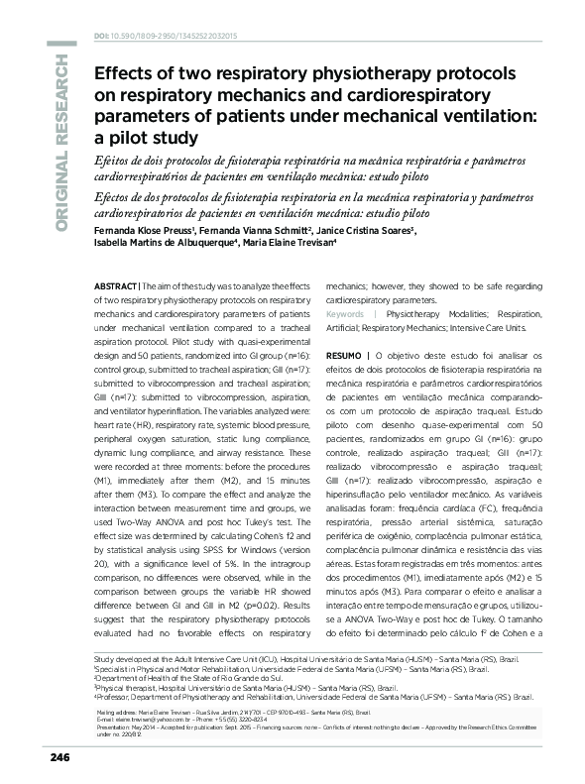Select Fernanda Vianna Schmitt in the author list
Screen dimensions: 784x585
coord(252,229)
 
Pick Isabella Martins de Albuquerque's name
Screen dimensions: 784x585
coord(161,243)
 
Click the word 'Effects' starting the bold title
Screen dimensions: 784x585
coord(125,72)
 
